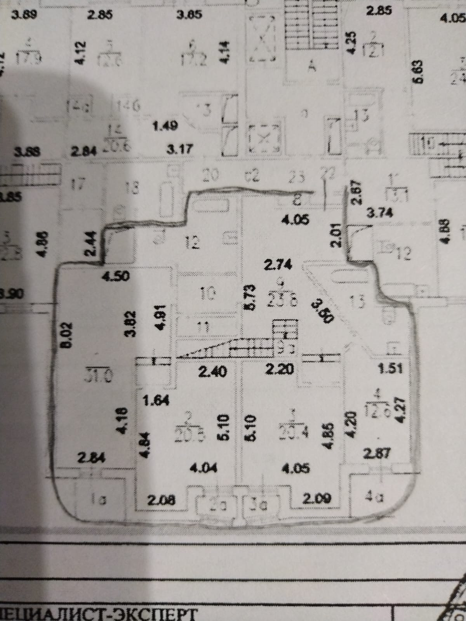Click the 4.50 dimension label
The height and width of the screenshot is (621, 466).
pos(115,277)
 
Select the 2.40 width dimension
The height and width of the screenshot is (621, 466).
pos(212,372)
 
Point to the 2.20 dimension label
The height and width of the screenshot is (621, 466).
pos(279,369)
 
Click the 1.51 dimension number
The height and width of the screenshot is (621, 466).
pos(391,368)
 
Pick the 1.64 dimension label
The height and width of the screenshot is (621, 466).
pos(156,400)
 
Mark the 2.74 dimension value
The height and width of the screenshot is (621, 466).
pos(278,265)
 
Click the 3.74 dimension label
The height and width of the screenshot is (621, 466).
pos(379,212)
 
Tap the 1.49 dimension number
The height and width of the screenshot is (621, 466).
pos(165,126)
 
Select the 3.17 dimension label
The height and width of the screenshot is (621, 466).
pos(180,149)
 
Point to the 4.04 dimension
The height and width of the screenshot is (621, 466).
pos(203,468)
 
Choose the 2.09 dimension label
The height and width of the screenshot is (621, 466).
pos(316,499)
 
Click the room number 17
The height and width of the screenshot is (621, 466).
pos(78,184)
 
